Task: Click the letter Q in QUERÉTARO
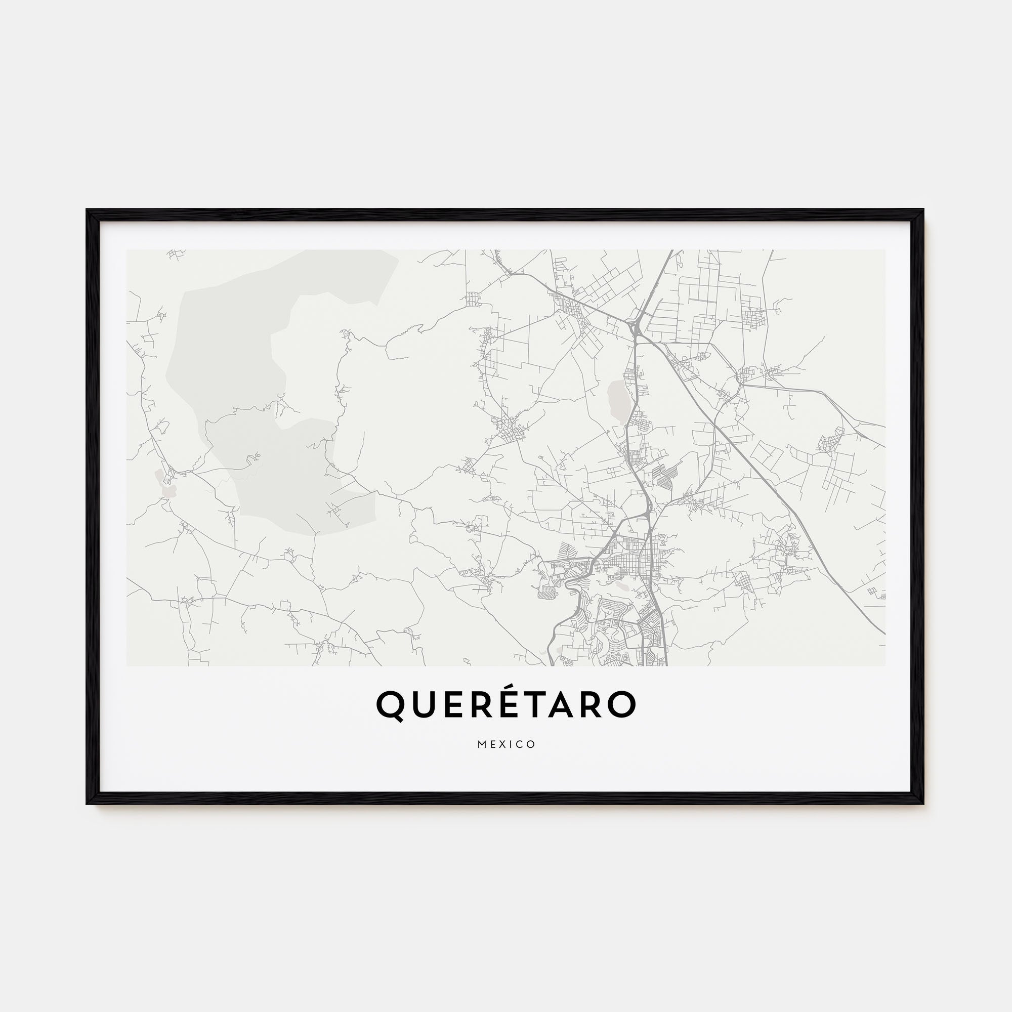pos(390,705)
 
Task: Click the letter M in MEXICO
pos(482,744)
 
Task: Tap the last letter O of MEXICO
pos(531,744)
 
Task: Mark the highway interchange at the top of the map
pos(636,327)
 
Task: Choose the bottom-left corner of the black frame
pos(88,803)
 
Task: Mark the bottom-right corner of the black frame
pos(923,803)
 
